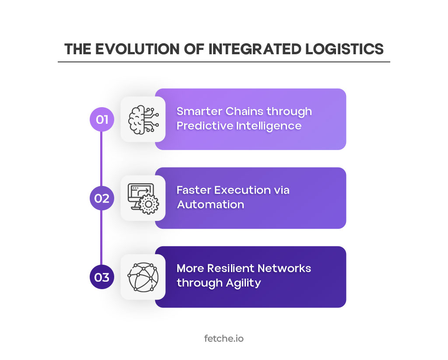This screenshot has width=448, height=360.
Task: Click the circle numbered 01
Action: [x=102, y=119]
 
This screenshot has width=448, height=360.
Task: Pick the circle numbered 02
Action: [x=102, y=198]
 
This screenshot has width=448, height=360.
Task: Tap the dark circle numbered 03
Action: [x=102, y=277]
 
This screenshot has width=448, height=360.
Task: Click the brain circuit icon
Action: [x=143, y=119]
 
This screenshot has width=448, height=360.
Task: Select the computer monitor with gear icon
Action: [x=143, y=198]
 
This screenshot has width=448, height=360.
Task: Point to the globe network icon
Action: [x=143, y=277]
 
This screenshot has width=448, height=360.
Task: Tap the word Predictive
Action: [x=204, y=126]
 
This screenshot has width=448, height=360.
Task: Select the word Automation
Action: [x=210, y=205]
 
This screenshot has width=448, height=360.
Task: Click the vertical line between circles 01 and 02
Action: [x=102, y=158]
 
